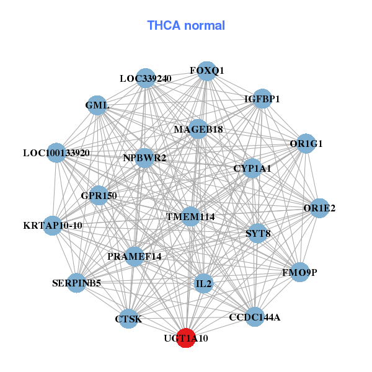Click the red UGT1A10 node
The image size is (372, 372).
pos(186,339)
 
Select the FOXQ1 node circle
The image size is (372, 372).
pos(206,71)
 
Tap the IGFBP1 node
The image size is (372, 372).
pos(262,99)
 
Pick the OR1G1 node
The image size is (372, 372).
pos(306,144)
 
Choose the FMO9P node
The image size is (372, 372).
pos(299,272)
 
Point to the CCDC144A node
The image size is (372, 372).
pos(254,317)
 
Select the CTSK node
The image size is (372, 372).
pos(128,319)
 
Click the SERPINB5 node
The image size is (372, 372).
pos(76,283)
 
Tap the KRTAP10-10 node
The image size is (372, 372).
pos(53,225)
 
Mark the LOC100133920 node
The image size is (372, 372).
pos(56,153)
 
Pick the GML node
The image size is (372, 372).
pos(97,105)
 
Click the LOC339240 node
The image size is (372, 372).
pos(145,79)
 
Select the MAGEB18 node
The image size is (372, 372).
pos(198,129)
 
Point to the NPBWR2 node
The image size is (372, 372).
pos(144,158)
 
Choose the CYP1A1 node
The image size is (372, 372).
pos(252,168)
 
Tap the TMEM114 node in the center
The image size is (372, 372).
pos(190,217)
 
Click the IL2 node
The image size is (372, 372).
pos(203,285)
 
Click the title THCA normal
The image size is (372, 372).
pos(186,25)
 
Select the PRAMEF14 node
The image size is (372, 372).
pos(135,256)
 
